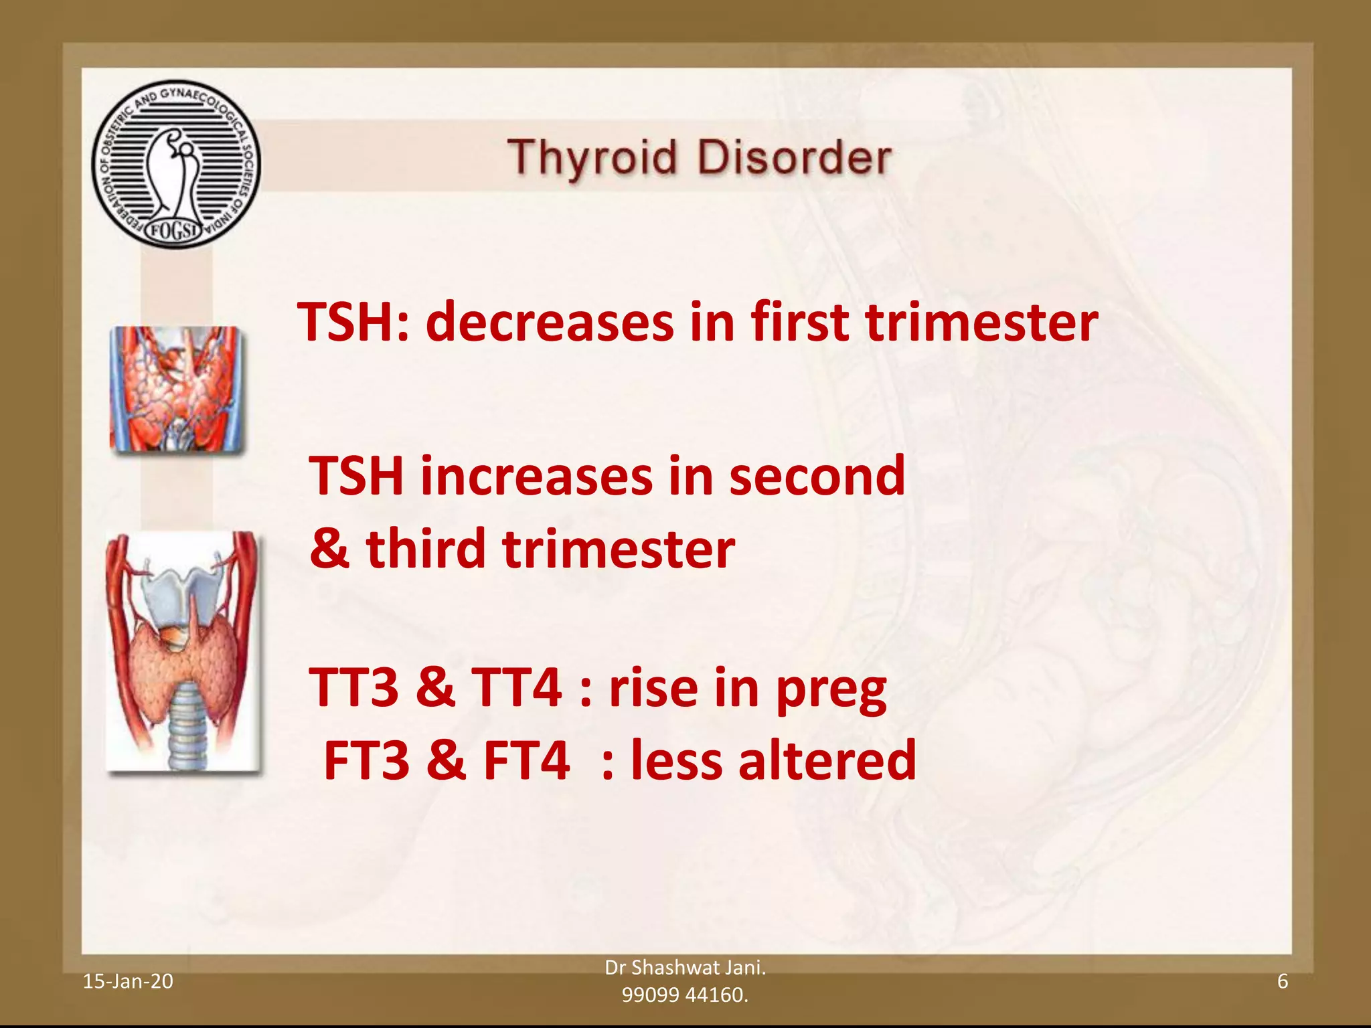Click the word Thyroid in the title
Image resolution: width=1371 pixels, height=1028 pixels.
tap(592, 159)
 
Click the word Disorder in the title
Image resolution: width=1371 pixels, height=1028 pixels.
tap(794, 159)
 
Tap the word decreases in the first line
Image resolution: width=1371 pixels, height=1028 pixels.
tap(550, 323)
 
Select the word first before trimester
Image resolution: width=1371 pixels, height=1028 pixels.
tap(799, 323)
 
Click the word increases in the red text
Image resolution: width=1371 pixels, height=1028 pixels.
tap(536, 477)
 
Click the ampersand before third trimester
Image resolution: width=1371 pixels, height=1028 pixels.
tap(329, 549)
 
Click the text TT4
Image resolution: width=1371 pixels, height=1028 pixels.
tap(516, 687)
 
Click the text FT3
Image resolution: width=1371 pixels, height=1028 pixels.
tap(366, 761)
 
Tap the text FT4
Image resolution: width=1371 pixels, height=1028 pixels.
tap(526, 761)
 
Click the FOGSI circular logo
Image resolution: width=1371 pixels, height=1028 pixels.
tap(176, 164)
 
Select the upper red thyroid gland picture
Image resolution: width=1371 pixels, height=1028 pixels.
tap(176, 388)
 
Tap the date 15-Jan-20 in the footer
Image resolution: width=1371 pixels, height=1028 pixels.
tap(127, 981)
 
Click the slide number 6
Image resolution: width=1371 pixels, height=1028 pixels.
tap(1283, 981)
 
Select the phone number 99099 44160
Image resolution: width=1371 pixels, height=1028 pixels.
tap(684, 995)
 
